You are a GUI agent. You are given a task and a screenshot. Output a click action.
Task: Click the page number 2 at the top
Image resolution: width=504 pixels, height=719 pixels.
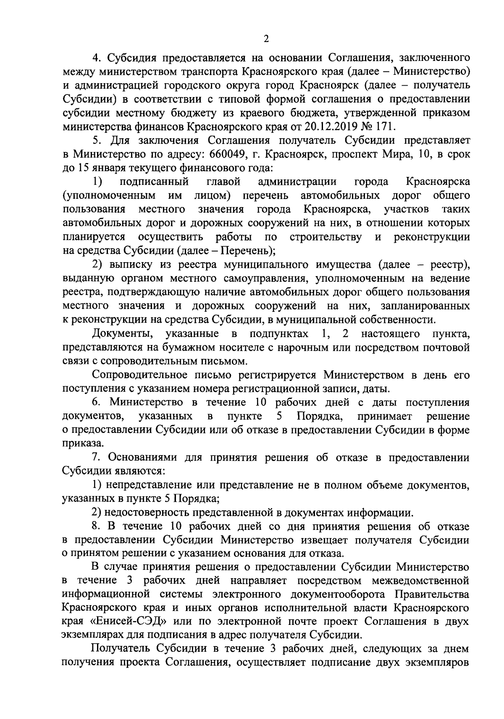tap(265, 39)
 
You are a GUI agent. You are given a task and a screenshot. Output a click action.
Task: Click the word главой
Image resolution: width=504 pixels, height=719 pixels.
tap(223, 182)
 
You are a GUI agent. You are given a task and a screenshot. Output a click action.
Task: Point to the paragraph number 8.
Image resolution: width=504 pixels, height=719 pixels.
tap(96, 526)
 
